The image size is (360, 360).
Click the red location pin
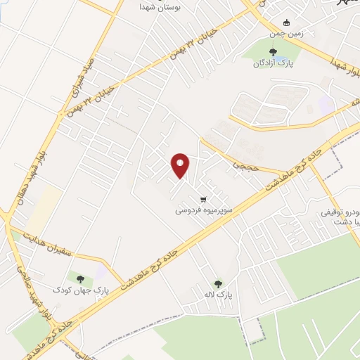click(181, 165)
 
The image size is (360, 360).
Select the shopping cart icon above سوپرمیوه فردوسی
click(203, 198)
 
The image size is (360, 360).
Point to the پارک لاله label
click(224, 294)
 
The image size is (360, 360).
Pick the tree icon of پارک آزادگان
click(273, 51)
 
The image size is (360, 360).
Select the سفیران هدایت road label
click(48, 246)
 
